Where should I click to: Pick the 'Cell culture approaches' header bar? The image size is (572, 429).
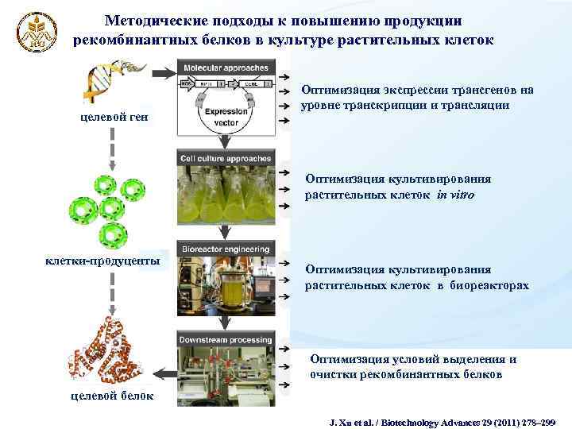[x=226, y=158]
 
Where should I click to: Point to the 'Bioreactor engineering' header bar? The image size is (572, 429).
[x=226, y=249]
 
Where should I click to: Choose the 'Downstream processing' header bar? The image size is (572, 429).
[x=226, y=340]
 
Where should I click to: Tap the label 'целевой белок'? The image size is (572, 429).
[x=102, y=396]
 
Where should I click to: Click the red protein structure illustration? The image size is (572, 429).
[x=103, y=350]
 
